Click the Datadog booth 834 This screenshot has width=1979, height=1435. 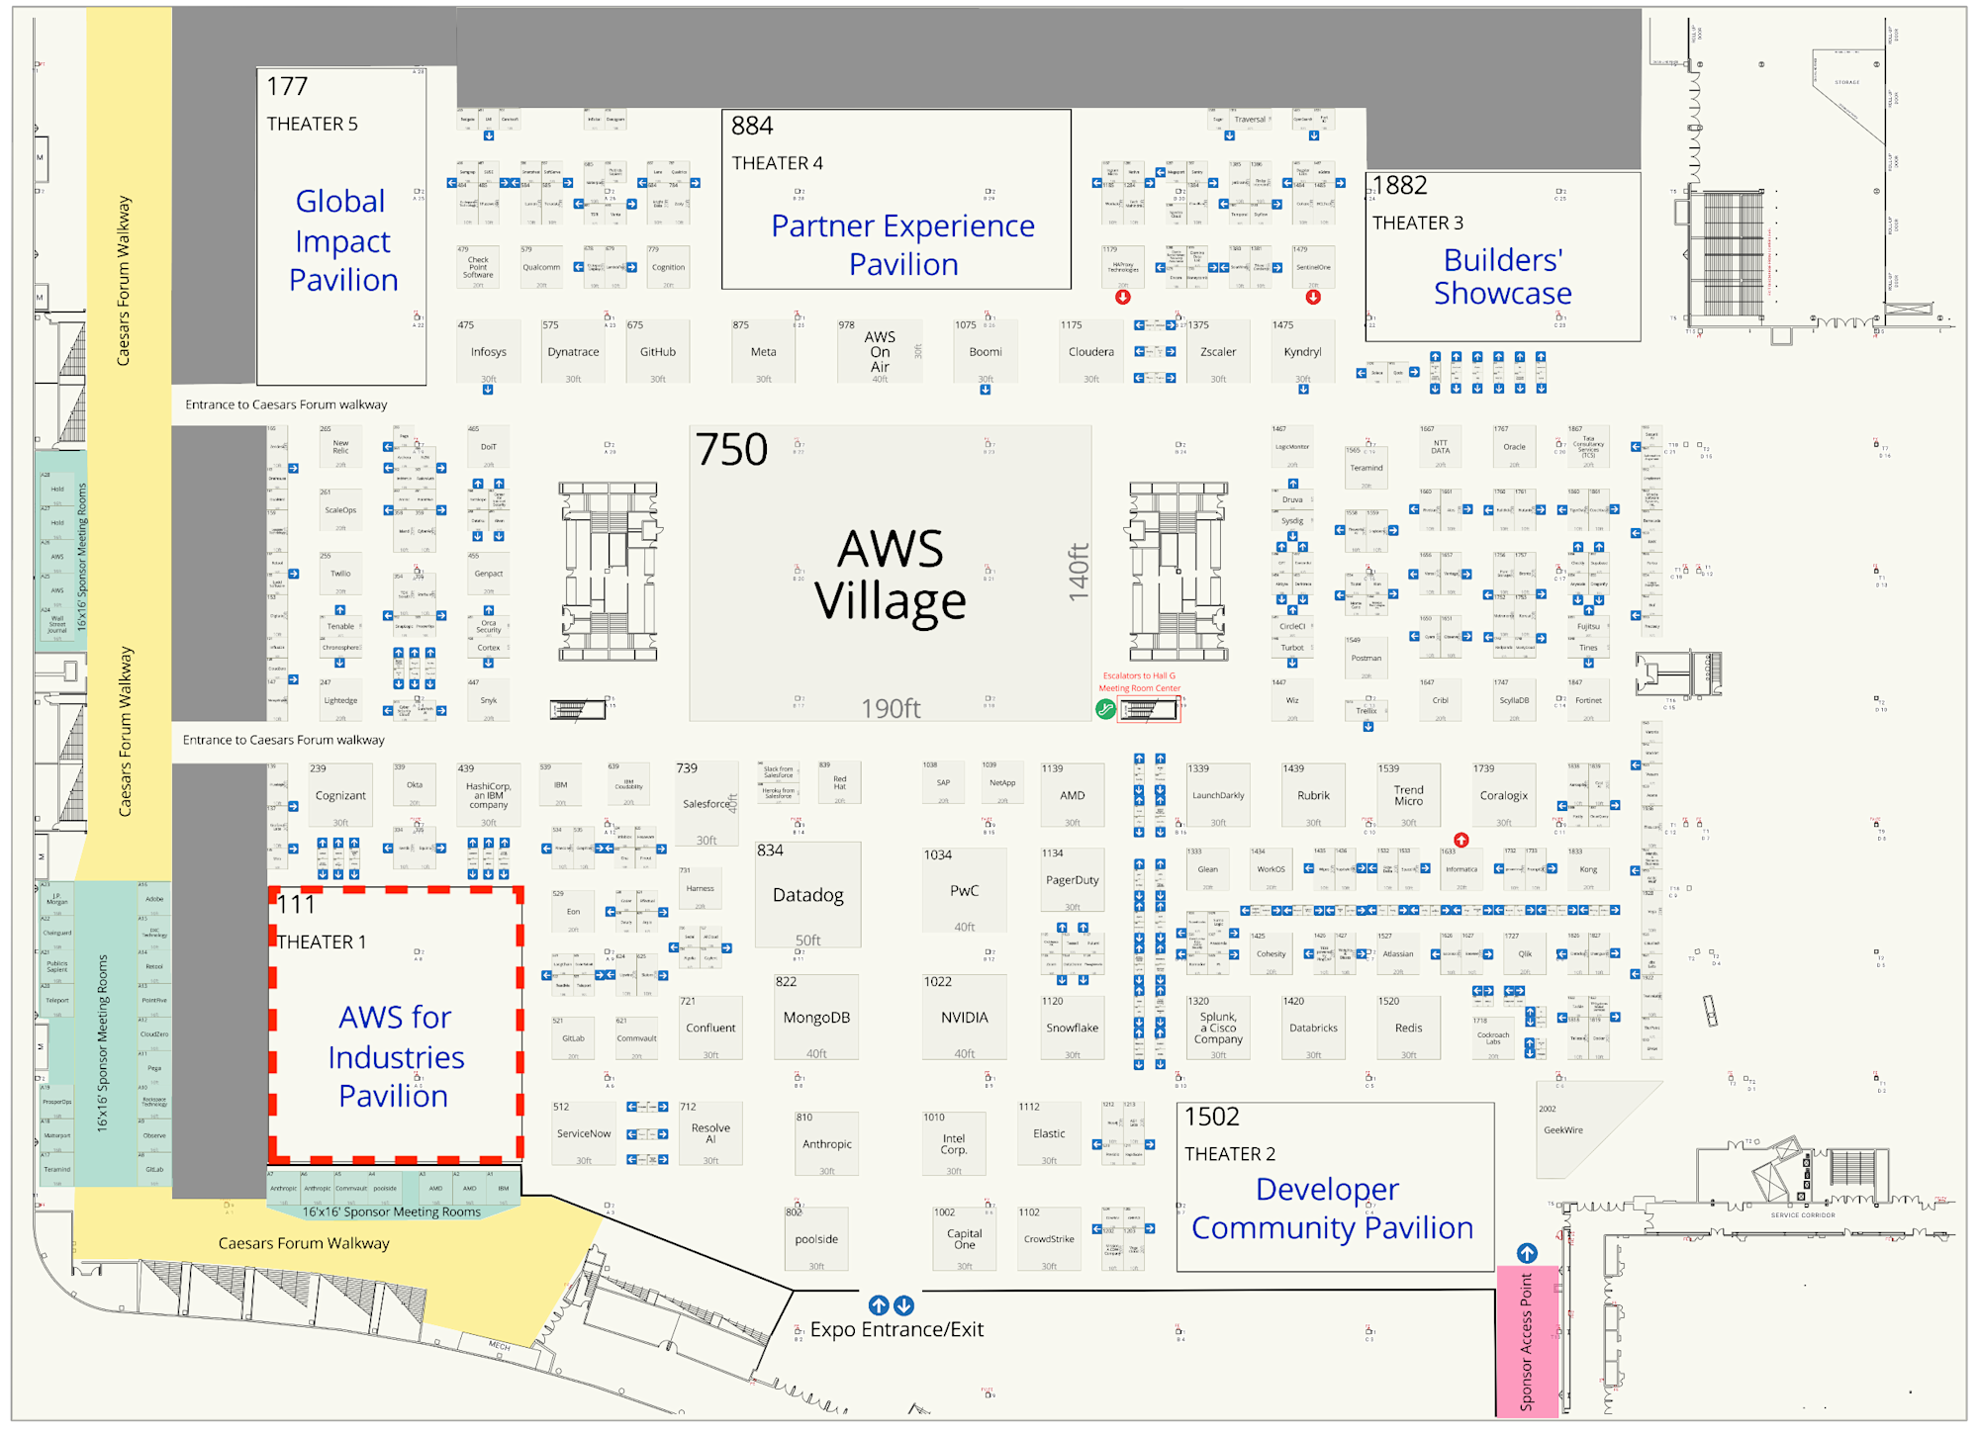click(807, 895)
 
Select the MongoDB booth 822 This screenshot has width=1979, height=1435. click(816, 1018)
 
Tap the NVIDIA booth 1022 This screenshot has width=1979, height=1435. click(964, 1018)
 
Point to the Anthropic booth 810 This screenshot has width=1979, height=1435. click(826, 1144)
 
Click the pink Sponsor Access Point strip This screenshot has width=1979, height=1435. click(1527, 1341)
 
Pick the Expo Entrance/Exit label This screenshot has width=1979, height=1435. click(896, 1330)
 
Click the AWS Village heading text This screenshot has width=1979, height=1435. click(890, 575)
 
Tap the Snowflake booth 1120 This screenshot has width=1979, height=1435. click(1072, 1029)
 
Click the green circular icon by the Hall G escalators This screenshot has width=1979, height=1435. click(1105, 709)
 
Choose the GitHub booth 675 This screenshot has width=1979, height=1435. click(657, 352)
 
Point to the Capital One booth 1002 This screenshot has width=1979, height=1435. click(964, 1239)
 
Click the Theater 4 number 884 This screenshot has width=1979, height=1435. click(752, 127)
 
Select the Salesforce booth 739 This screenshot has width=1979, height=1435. click(707, 804)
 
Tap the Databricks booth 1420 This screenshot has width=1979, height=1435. click(1313, 1029)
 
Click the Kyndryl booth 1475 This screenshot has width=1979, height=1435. click(1302, 352)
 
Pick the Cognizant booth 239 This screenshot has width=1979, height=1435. click(339, 796)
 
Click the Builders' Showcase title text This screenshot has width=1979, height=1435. click(1502, 277)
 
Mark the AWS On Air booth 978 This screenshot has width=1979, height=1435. click(880, 352)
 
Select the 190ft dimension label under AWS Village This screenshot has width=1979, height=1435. click(891, 709)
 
